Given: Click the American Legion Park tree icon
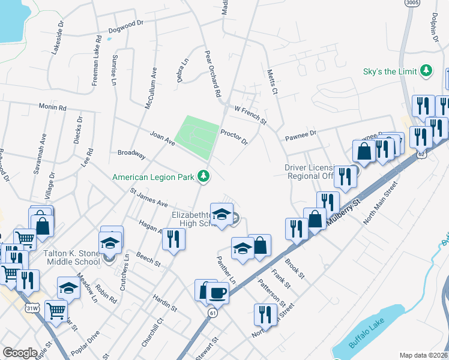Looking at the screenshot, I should tap(205, 176).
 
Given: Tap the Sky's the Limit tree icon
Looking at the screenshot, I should tap(427, 71).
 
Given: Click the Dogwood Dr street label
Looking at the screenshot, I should tap(126, 26).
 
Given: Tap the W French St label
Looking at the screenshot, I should tap(250, 114).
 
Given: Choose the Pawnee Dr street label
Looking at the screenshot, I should tap(300, 136).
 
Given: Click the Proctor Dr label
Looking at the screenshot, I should tap(234, 137).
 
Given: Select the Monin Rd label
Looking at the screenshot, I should tap(52, 107).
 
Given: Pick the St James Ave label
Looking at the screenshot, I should tap(149, 197).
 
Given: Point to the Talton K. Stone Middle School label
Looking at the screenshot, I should tap(71, 257).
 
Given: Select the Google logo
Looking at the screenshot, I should tap(20, 353).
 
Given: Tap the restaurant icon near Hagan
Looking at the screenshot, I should tap(173, 238).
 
